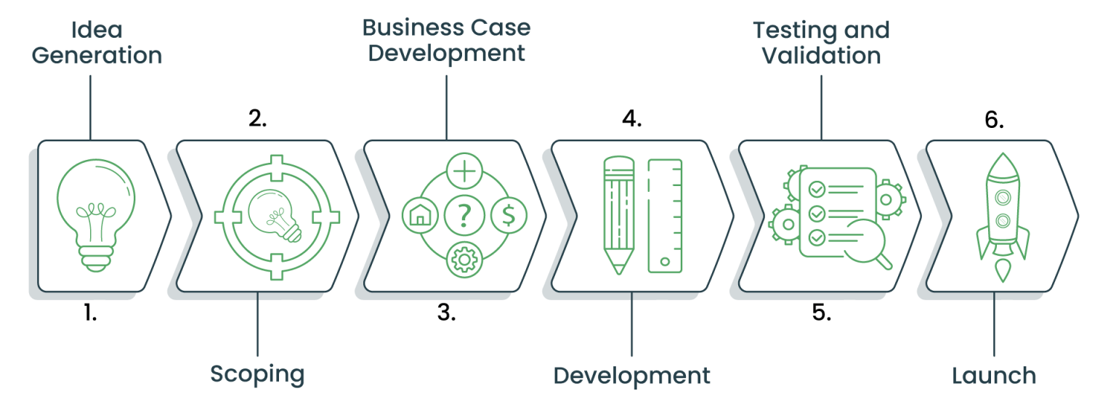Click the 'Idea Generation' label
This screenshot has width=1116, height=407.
click(96, 42)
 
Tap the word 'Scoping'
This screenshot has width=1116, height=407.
click(257, 374)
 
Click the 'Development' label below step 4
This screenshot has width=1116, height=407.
click(631, 375)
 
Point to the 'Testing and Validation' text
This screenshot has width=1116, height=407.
click(821, 42)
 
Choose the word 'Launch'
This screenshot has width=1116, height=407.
click(994, 375)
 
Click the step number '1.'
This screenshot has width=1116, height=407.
click(89, 313)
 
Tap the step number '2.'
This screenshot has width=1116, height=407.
click(257, 118)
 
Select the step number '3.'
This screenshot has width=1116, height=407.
click(446, 313)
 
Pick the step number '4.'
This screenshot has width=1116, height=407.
click(631, 118)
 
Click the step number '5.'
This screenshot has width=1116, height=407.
click(821, 313)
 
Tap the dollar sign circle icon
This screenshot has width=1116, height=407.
click(509, 215)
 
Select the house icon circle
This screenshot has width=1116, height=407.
click(419, 215)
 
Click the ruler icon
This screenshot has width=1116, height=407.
click(665, 216)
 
